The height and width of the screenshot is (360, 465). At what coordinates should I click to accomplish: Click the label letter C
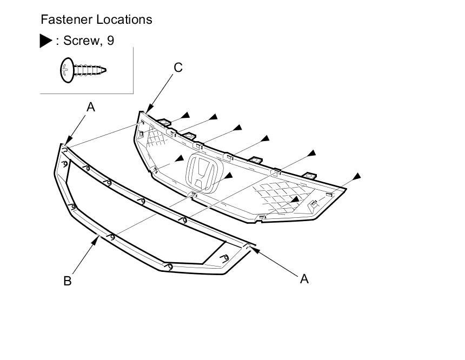click(178, 68)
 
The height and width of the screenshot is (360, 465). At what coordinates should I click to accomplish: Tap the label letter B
click(68, 281)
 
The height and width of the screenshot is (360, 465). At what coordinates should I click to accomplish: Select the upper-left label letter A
click(91, 107)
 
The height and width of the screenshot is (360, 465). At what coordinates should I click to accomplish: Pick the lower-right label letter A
click(304, 278)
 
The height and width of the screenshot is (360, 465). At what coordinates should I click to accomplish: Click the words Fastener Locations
click(96, 20)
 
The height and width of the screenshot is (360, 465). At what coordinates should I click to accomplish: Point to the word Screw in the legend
click(82, 41)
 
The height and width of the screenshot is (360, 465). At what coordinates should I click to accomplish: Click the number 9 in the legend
click(111, 41)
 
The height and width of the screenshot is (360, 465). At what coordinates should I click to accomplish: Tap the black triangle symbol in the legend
click(46, 41)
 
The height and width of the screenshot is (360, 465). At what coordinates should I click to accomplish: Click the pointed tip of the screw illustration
click(105, 70)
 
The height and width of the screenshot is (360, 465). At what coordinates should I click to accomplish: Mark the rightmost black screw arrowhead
click(356, 176)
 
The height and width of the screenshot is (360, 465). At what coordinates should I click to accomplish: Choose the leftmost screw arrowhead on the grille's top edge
click(185, 114)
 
